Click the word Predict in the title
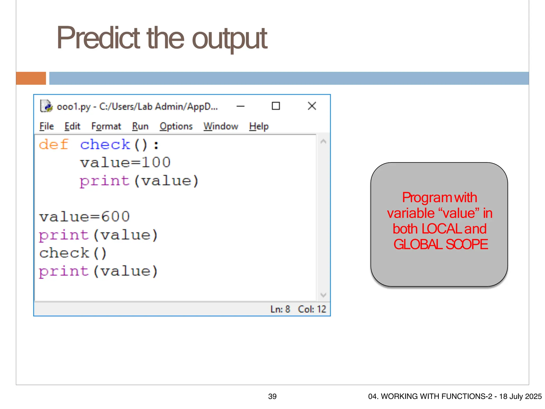click(98, 39)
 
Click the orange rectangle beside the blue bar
click(31, 78)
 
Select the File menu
click(47, 126)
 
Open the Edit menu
click(72, 126)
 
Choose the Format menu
click(106, 126)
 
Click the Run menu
click(140, 126)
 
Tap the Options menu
click(176, 126)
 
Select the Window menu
click(221, 126)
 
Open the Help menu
click(259, 126)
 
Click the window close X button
click(312, 106)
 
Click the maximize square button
click(276, 106)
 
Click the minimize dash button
click(240, 106)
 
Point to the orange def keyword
click(54, 145)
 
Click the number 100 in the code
click(156, 162)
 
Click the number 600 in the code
click(115, 216)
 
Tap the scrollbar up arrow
click(323, 141)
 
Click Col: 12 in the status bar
click(312, 309)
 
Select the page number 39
click(272, 396)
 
